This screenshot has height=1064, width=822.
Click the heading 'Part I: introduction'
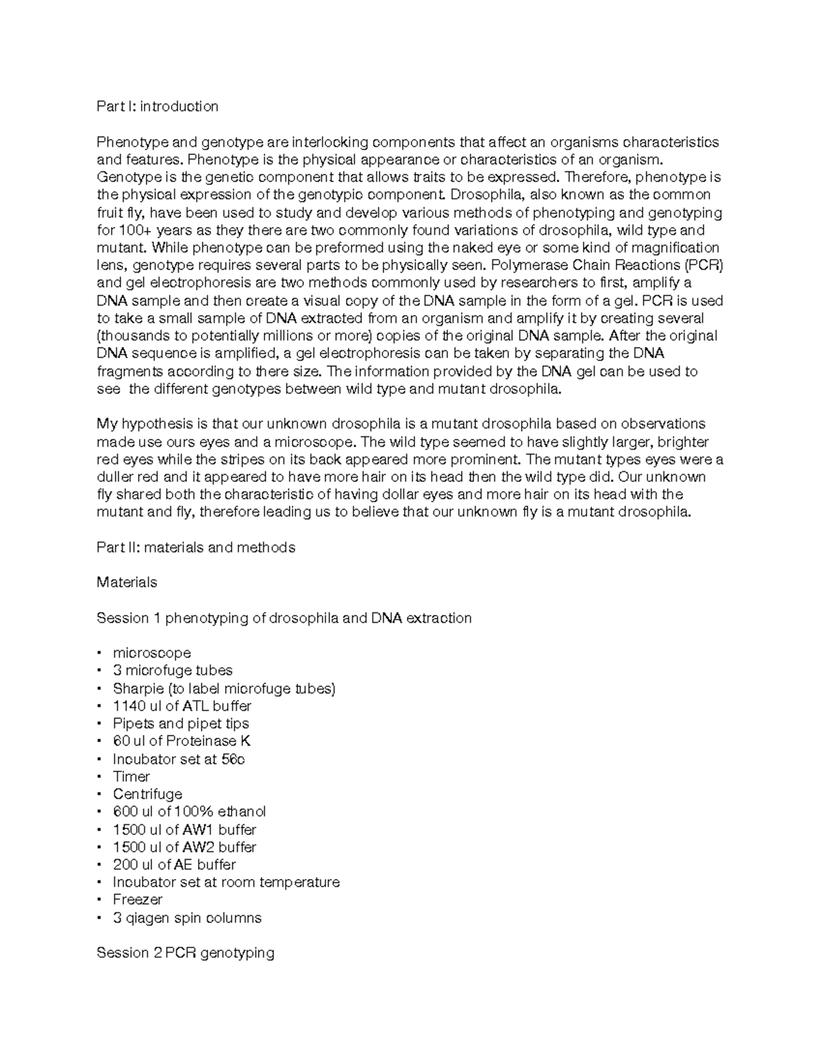tap(158, 106)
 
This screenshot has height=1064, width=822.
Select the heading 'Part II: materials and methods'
tap(196, 547)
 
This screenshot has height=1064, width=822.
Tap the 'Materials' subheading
tap(127, 582)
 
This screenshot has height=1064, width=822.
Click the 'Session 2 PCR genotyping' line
tap(186, 952)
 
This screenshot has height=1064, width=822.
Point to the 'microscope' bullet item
tap(151, 653)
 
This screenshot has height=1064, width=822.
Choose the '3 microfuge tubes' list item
tap(173, 671)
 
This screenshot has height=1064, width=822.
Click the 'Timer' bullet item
tap(131, 776)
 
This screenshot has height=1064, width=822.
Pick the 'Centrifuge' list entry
tap(147, 794)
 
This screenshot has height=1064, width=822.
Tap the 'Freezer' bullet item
tap(137, 900)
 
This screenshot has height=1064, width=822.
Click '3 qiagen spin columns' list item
tap(187, 917)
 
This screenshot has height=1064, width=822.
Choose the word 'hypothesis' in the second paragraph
tap(155, 424)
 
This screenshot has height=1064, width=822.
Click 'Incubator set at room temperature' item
tap(226, 882)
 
